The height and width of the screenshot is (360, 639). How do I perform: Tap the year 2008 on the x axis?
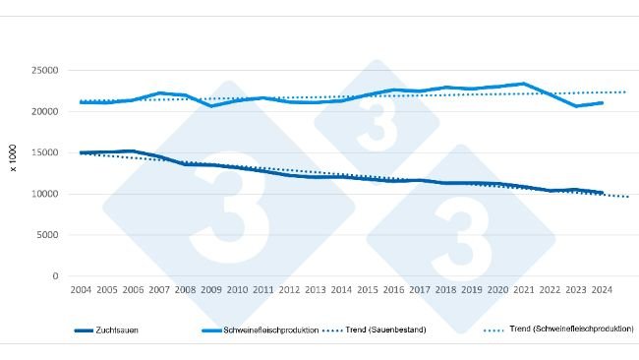[186, 291]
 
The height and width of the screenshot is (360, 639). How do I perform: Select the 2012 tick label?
[289, 291]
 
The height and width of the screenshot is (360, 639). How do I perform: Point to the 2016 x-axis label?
[392, 291]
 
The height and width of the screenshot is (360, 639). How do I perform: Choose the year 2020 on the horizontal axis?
[496, 291]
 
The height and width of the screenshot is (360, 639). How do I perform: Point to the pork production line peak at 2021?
[524, 84]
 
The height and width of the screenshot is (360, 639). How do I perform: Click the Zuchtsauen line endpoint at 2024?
[602, 193]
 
